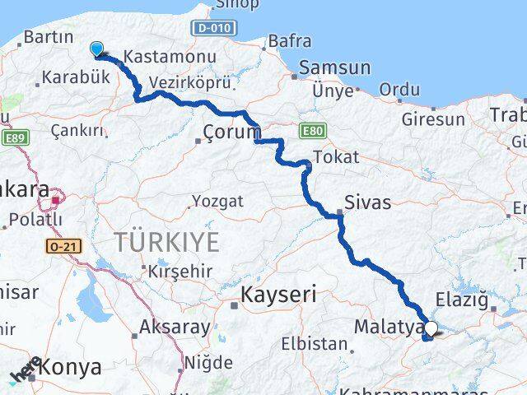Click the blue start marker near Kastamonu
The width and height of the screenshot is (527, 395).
click(x=98, y=50)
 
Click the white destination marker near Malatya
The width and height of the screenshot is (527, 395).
click(x=431, y=328)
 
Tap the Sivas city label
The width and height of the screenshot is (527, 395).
click(x=367, y=202)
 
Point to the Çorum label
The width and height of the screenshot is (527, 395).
click(x=232, y=132)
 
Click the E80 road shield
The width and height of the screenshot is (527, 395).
click(x=312, y=130)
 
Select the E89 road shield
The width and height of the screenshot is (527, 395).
click(x=12, y=140)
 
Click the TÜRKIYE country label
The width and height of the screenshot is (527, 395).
click(x=166, y=242)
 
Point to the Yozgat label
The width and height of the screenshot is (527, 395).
click(x=217, y=201)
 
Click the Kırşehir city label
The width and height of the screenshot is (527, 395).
click(x=181, y=271)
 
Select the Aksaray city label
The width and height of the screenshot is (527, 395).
click(x=175, y=327)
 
